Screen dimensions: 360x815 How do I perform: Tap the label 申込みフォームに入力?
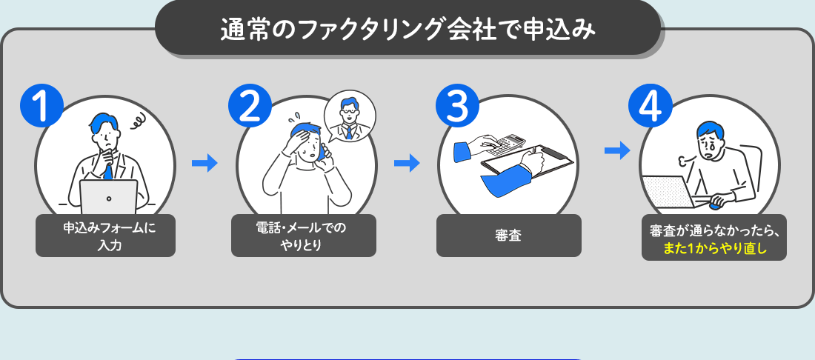(105, 236)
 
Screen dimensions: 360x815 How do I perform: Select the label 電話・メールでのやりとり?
(304, 236)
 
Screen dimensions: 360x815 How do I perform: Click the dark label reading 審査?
(508, 236)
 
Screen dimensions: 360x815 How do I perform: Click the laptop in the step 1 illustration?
(108, 196)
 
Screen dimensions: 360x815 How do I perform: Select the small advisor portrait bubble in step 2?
(350, 116)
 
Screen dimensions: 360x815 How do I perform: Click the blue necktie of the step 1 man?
(108, 171)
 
